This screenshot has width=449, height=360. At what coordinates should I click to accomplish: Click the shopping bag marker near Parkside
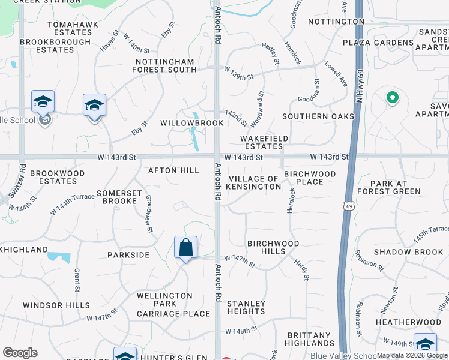[186, 247]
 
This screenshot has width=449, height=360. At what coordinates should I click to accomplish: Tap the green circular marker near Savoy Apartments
[392, 97]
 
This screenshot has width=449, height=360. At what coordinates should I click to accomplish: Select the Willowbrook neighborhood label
[191, 123]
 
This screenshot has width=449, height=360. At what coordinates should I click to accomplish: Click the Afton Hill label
[173, 170]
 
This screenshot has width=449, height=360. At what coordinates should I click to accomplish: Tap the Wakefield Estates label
[264, 142]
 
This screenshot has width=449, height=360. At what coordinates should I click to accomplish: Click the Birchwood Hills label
[274, 247]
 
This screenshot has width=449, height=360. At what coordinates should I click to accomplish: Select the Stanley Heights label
[246, 307]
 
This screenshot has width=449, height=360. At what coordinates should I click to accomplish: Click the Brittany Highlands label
[310, 339]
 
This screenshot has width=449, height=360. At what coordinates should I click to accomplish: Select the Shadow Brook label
[408, 252]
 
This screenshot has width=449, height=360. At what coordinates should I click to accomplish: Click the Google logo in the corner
[20, 353]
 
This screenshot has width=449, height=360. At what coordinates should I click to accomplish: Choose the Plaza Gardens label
[378, 43]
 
